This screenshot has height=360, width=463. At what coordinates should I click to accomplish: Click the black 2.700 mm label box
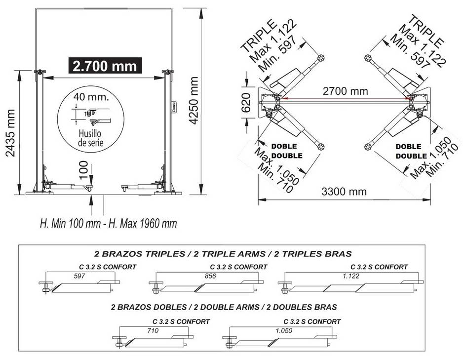point(105,66)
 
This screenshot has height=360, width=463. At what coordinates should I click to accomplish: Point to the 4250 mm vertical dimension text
point(193,100)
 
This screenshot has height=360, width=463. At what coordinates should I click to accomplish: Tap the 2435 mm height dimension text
point(11,133)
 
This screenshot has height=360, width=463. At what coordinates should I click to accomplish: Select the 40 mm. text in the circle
point(91,97)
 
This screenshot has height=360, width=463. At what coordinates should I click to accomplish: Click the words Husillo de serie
point(91,138)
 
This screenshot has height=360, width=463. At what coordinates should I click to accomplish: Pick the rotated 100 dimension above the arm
point(84,170)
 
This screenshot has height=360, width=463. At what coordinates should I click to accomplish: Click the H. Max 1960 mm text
point(143,223)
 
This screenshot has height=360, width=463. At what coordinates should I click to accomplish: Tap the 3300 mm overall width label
point(344,192)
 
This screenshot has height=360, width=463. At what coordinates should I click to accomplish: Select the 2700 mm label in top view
point(346,91)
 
